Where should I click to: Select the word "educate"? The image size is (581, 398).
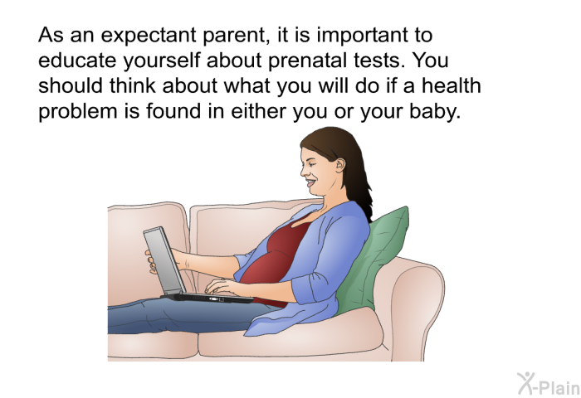(x=77, y=60)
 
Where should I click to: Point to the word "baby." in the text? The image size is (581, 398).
(x=435, y=111)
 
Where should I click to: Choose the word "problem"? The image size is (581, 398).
(x=77, y=111)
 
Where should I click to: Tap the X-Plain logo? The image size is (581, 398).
(x=549, y=384)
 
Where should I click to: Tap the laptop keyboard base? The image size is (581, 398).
(x=207, y=298)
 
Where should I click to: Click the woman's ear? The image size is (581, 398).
(x=339, y=165)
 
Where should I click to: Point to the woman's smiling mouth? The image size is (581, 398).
(x=310, y=183)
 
